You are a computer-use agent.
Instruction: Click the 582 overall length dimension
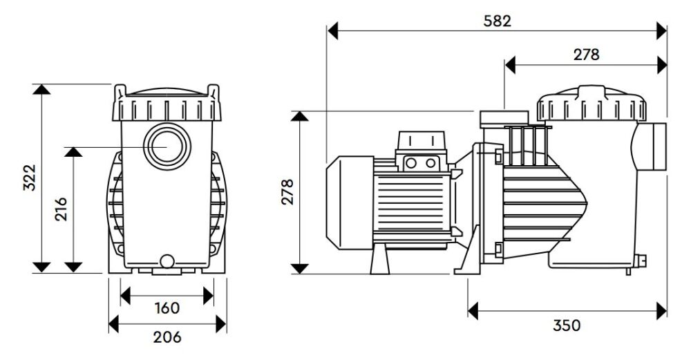(497, 21)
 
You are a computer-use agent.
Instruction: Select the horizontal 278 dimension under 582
(586, 55)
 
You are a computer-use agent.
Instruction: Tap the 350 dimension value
(567, 325)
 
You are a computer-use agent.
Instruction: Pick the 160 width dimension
(166, 307)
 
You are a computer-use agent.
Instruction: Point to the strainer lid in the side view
(592, 106)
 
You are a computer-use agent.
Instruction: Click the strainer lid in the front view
(167, 104)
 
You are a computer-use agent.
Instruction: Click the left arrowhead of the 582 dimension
(332, 30)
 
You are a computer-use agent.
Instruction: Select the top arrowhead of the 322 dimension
(42, 90)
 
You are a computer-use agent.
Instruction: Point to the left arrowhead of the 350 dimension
(473, 310)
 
